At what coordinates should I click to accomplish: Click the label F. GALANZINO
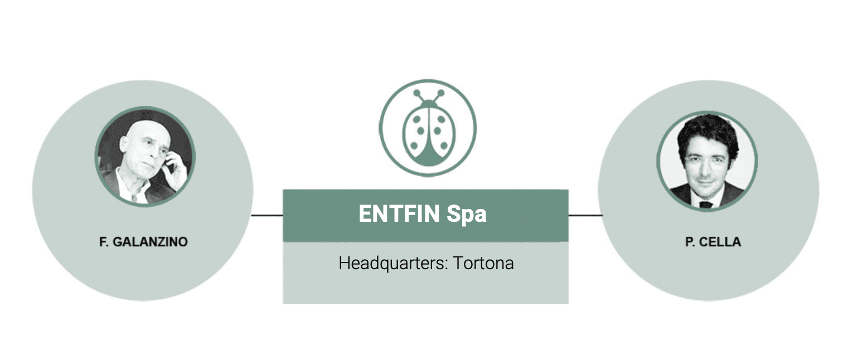143,242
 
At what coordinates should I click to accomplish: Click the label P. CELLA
713,242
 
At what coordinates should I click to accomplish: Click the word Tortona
483,263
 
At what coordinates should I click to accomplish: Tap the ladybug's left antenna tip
416,93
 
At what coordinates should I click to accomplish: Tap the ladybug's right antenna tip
440,93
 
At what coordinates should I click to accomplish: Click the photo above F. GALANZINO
145,157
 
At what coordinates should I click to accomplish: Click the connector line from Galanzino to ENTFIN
267,215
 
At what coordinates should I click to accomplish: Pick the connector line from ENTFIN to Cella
585,215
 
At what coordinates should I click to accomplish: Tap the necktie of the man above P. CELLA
706,204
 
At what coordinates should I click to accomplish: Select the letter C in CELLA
701,242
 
